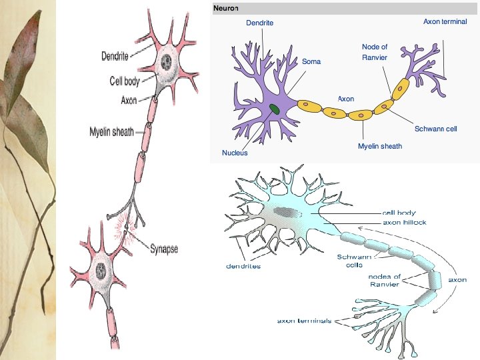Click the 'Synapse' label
[163, 249]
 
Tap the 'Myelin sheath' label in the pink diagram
[112, 132]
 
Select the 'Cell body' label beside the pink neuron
[125, 81]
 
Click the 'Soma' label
[311, 61]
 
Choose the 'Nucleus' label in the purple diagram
[235, 153]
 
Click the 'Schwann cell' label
[435, 128]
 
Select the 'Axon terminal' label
[445, 22]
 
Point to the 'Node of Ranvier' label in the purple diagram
[375, 52]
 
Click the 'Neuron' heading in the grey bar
[225, 7]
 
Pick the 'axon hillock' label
[405, 222]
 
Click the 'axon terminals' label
[304, 321]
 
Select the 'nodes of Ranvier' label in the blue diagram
[385, 280]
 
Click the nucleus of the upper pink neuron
[165, 63]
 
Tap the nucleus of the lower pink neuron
[101, 270]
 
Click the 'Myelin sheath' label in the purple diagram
[380, 146]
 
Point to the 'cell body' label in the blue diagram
[399, 213]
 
